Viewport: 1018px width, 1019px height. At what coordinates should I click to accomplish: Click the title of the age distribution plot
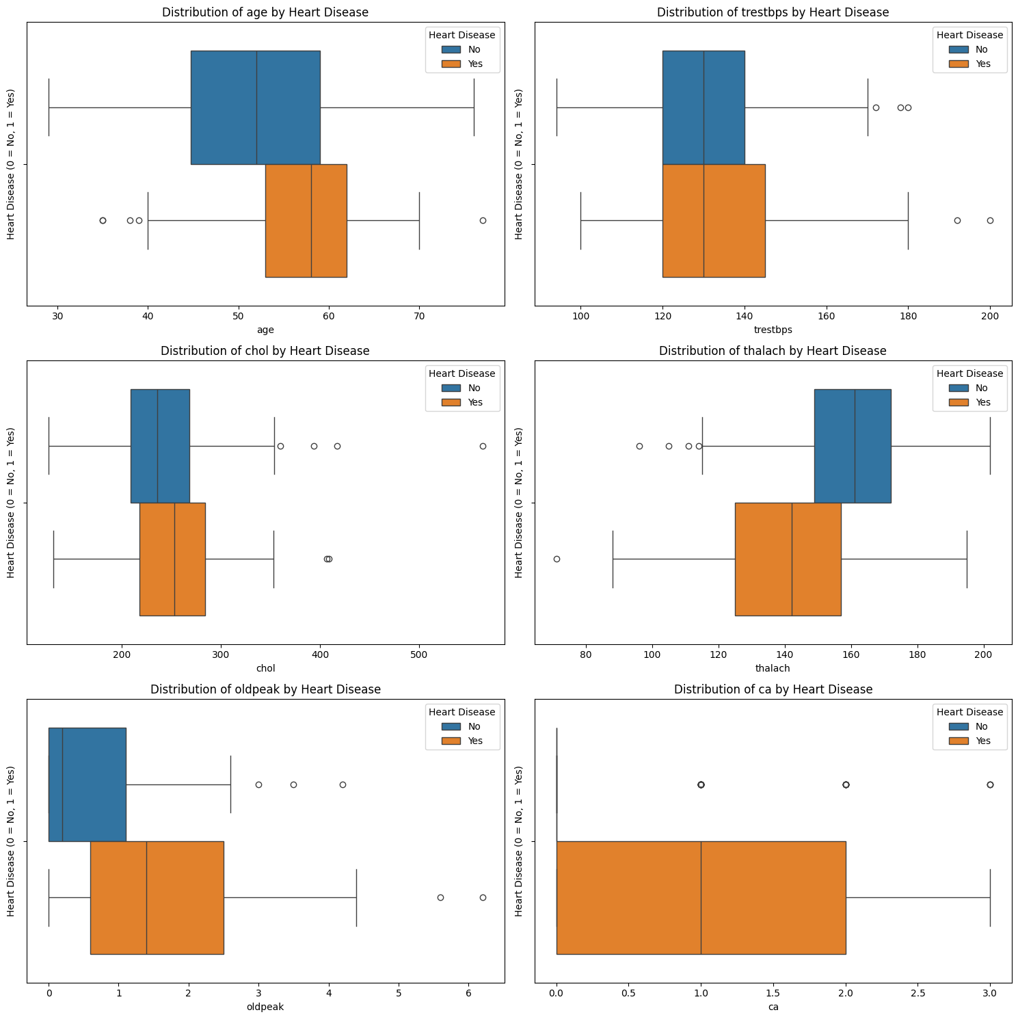tap(265, 12)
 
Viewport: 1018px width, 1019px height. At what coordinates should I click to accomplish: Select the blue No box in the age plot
tap(255, 107)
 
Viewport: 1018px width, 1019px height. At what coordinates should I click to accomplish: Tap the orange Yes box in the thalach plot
tap(788, 559)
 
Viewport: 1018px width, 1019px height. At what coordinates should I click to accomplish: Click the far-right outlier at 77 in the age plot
tap(483, 220)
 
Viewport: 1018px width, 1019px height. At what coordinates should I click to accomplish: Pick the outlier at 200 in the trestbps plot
tap(990, 220)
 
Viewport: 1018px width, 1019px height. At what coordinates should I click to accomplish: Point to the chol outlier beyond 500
tap(483, 446)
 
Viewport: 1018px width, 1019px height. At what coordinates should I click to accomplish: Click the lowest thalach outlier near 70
tap(557, 559)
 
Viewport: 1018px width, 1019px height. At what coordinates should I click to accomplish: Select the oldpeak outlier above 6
tap(483, 897)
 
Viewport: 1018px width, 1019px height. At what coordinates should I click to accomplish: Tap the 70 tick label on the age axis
tap(419, 316)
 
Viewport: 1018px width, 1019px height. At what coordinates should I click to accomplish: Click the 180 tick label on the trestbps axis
tap(908, 316)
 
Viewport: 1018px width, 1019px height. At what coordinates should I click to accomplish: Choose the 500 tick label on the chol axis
tap(419, 654)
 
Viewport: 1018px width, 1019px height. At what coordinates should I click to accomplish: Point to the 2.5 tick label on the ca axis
tap(917, 993)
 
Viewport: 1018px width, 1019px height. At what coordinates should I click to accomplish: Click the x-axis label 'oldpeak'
tap(265, 1007)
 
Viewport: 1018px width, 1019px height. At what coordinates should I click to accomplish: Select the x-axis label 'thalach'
tap(773, 668)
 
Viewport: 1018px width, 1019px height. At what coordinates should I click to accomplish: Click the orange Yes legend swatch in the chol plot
tap(451, 402)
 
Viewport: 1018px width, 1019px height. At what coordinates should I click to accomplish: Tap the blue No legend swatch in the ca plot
tap(959, 726)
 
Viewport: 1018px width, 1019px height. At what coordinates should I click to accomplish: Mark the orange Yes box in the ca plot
tap(701, 897)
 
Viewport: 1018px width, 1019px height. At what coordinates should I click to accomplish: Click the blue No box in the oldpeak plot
tap(88, 784)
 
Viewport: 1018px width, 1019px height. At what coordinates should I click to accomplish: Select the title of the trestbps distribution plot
tap(773, 12)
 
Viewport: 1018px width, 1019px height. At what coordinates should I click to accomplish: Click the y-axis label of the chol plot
tap(11, 503)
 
